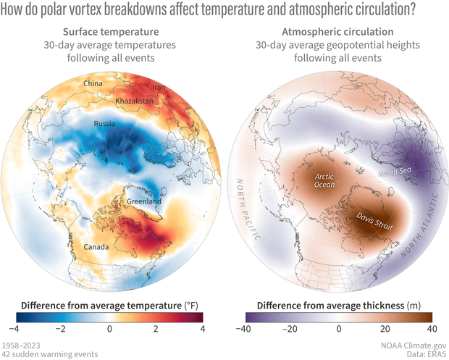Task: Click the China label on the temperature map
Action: pos(94,83)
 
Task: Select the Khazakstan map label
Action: pos(135,101)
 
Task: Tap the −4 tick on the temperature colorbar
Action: pos(16,329)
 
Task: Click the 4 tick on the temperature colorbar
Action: pos(202,329)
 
